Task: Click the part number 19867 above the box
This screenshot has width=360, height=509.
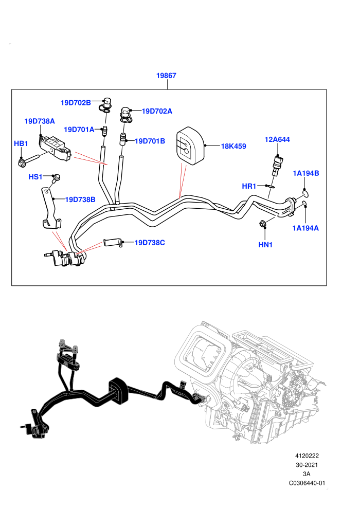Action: [x=166, y=75]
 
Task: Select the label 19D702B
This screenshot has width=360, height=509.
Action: [x=76, y=103]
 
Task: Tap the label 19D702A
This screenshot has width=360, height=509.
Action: [x=157, y=111]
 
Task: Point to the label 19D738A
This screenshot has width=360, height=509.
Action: [x=40, y=121]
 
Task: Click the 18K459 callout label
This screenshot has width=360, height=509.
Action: [x=233, y=146]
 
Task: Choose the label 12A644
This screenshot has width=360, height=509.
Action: [x=277, y=139]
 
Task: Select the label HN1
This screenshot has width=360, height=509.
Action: [x=265, y=245]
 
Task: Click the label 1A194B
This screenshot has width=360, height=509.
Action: [x=306, y=173]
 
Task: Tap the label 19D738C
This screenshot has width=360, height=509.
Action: [x=150, y=243]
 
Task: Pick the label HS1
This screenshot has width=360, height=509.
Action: [x=35, y=176]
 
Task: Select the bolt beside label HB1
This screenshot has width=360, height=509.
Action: [x=29, y=160]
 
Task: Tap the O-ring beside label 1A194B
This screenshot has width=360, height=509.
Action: [x=304, y=194]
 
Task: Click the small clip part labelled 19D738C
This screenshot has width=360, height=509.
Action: [x=113, y=243]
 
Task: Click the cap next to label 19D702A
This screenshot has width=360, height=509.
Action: [x=125, y=115]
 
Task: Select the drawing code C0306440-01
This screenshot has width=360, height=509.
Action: [x=307, y=483]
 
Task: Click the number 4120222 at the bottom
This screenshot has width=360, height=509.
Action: [x=307, y=456]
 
